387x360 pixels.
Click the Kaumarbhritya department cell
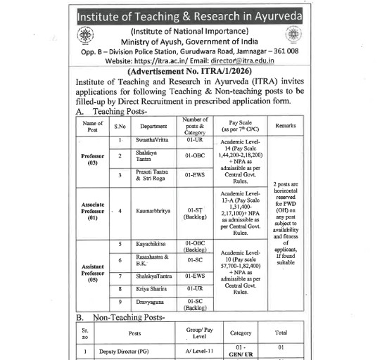154,210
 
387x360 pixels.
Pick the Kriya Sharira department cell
153,288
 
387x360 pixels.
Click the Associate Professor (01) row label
93,210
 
